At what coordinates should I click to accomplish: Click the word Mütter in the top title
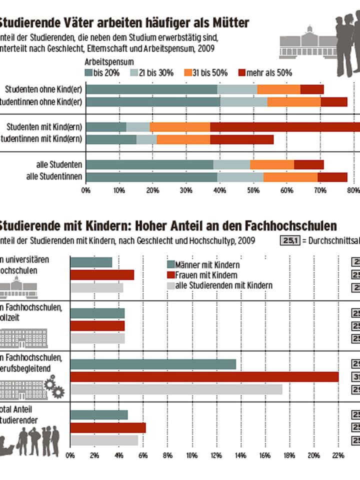tap(228, 23)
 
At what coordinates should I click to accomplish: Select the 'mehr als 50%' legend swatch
tap(242, 73)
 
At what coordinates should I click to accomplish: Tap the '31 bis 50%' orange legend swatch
tap(188, 73)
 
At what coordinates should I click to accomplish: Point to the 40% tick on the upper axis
tap(219, 190)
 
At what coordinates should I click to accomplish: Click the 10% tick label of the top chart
tap(119, 190)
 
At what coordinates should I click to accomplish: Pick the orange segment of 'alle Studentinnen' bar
tap(290, 176)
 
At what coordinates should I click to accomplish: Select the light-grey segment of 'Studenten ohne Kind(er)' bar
tap(237, 89)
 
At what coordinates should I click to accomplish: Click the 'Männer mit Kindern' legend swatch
tap(170, 265)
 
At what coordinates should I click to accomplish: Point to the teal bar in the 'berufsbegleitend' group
tap(153, 364)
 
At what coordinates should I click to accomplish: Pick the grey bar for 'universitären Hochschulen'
tap(96, 287)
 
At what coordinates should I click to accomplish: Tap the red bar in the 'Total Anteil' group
tap(108, 427)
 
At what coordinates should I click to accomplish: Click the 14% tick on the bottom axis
tap(240, 455)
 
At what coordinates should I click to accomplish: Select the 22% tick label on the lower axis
tap(338, 455)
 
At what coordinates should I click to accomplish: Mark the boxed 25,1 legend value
tap(289, 241)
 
